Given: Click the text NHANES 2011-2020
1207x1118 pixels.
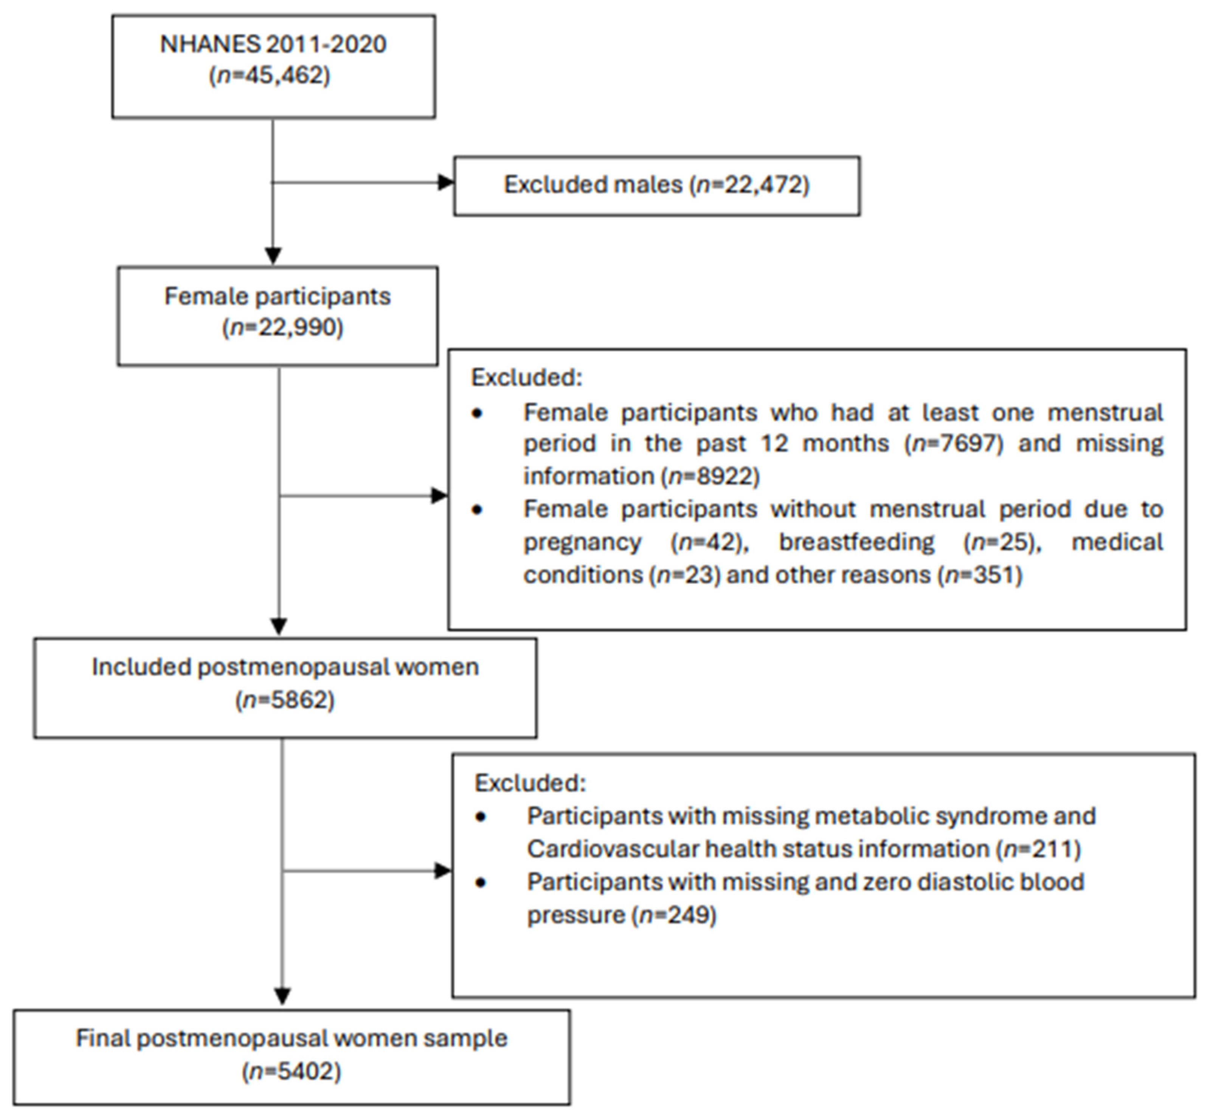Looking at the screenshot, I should click(x=273, y=45).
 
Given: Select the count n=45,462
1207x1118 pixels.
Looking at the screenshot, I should click(x=270, y=76).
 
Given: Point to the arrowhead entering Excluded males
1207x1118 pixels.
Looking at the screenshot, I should click(x=446, y=182).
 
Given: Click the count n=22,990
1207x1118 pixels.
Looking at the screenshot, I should click(x=283, y=327).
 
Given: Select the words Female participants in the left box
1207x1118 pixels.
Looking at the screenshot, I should click(x=277, y=296).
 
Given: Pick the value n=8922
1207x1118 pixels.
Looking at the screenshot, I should click(x=713, y=476).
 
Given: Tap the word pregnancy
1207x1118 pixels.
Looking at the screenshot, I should click(x=582, y=542).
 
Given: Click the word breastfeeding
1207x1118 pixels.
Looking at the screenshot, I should click(x=856, y=542).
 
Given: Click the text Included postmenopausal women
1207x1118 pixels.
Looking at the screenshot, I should click(x=285, y=667).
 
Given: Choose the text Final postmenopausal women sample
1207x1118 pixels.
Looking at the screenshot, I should click(x=291, y=1038).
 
